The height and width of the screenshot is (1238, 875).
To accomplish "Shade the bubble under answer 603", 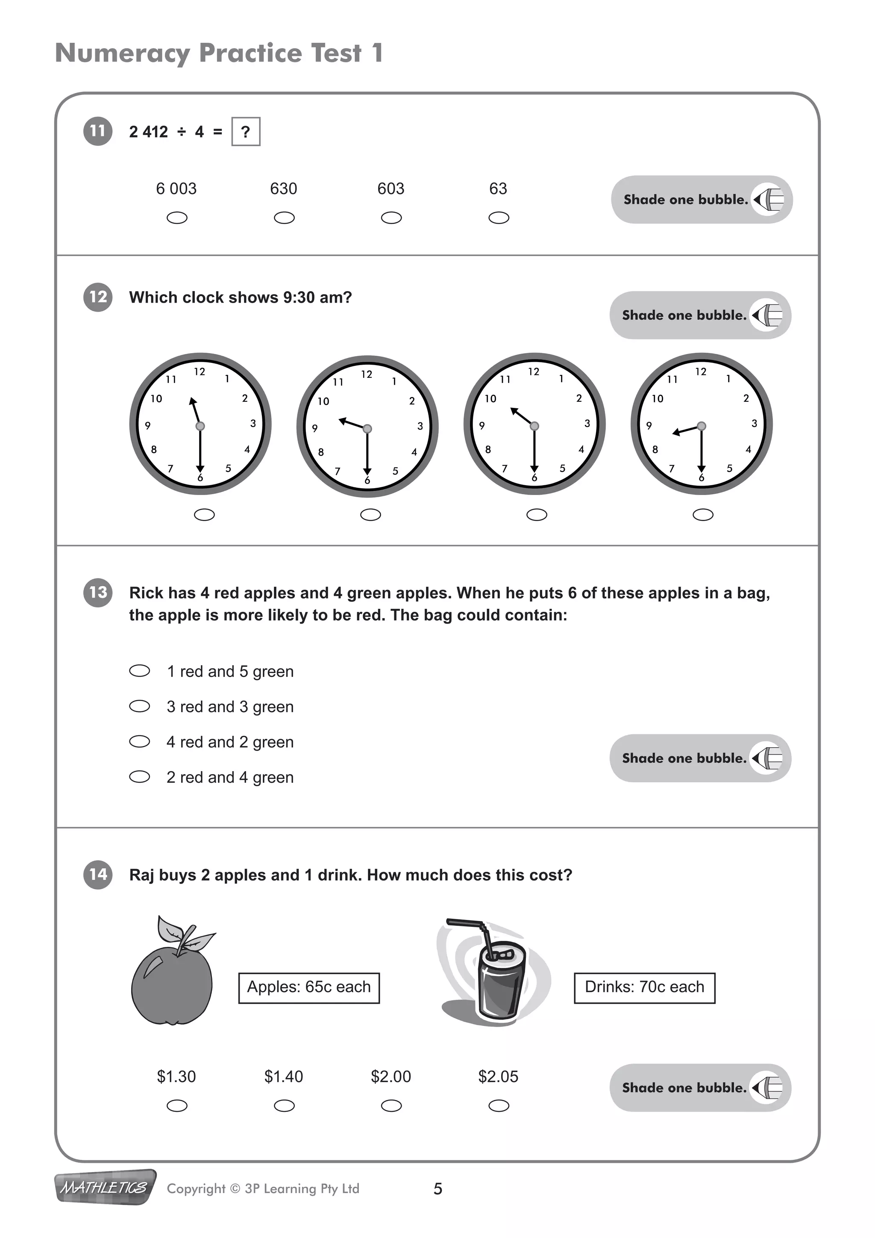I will (391, 218).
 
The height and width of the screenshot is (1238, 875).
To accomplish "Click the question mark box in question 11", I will (246, 132).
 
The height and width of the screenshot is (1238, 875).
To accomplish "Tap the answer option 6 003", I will (176, 189).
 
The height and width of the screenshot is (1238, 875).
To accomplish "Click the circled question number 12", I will (97, 297).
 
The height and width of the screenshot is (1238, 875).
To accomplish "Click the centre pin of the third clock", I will (534, 426).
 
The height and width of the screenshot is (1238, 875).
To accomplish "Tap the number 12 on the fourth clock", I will (700, 371).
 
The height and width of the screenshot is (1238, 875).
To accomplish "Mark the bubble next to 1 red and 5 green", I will (140, 671).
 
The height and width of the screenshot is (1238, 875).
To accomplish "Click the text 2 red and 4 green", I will (230, 777).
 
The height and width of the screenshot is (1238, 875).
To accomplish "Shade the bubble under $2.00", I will (391, 1106).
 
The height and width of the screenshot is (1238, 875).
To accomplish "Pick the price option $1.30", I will (176, 1077).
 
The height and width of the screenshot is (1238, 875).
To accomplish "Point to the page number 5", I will (437, 1188).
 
